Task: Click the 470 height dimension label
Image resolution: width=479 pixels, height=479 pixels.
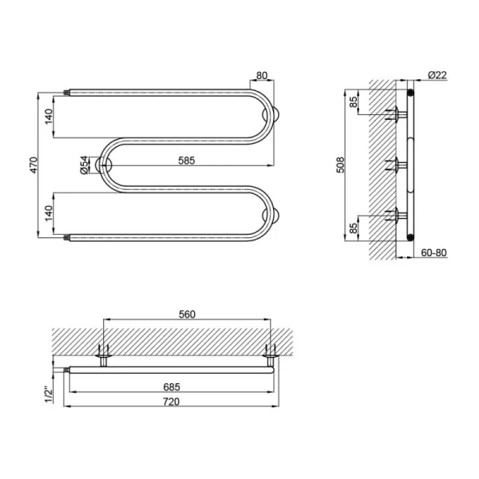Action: pyautogui.click(x=34, y=165)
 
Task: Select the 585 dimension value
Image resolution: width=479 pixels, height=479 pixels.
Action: pyautogui.click(x=186, y=160)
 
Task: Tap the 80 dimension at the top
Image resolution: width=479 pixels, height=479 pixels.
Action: pyautogui.click(x=262, y=76)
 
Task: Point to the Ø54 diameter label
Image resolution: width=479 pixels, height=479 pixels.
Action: pyautogui.click(x=85, y=165)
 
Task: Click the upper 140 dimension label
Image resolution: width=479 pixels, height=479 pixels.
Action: pyautogui.click(x=49, y=117)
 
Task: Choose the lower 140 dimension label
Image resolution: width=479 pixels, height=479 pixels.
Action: pyautogui.click(x=49, y=213)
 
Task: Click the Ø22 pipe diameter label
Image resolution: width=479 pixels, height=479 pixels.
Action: pyautogui.click(x=437, y=75)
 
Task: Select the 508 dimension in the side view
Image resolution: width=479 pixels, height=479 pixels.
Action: pyautogui.click(x=340, y=165)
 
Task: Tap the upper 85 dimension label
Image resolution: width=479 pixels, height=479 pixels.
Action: pyautogui.click(x=353, y=102)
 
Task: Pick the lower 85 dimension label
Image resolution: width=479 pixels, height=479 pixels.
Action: pyautogui.click(x=353, y=228)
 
